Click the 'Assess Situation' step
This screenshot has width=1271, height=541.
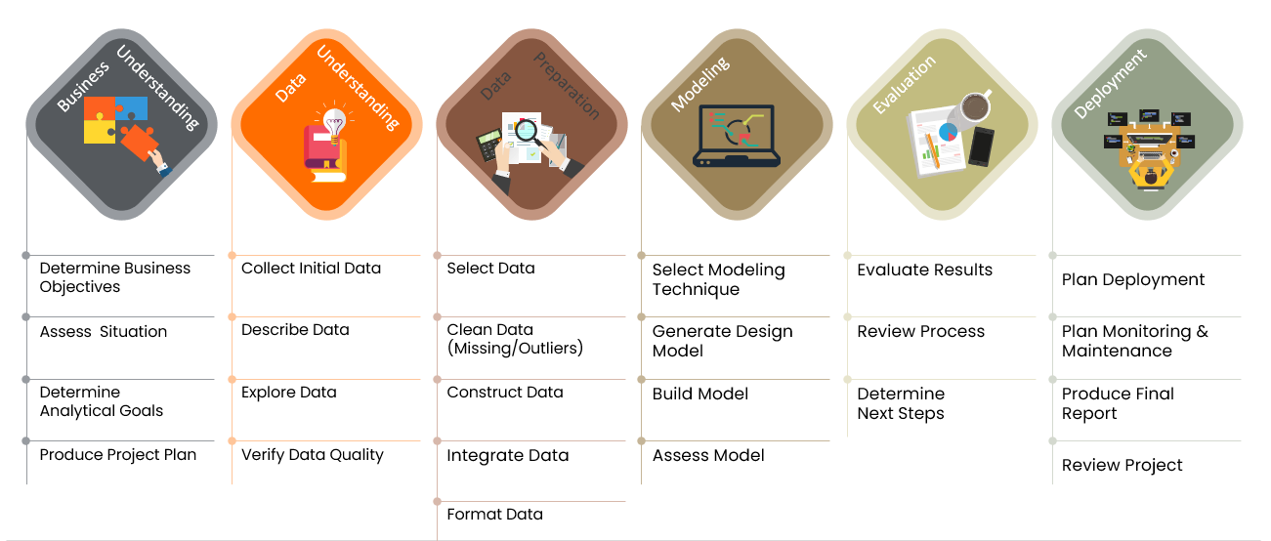tap(104, 332)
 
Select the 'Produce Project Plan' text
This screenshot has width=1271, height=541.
tap(118, 455)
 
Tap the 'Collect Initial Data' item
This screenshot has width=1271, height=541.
tap(311, 269)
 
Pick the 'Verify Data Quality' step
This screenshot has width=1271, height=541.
tap(312, 455)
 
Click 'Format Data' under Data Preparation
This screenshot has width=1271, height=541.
tap(494, 515)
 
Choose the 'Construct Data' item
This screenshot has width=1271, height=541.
tap(505, 393)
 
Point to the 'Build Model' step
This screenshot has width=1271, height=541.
tap(700, 395)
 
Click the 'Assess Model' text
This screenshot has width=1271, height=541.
tap(708, 455)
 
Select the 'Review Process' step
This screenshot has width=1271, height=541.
tap(921, 332)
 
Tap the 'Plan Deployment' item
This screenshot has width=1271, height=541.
tap(1133, 280)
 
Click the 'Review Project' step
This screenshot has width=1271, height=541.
tap(1122, 466)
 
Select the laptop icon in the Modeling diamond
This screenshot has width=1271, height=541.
tap(736, 136)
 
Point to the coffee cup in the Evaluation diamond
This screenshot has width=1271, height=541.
tap(975, 107)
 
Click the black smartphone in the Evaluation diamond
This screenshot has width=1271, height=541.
tap(982, 146)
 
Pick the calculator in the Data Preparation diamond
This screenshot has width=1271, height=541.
tap(489, 146)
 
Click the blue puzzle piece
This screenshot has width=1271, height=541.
tap(132, 108)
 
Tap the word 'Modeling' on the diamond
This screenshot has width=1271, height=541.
tap(700, 85)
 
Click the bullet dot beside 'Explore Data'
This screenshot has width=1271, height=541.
tap(233, 379)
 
